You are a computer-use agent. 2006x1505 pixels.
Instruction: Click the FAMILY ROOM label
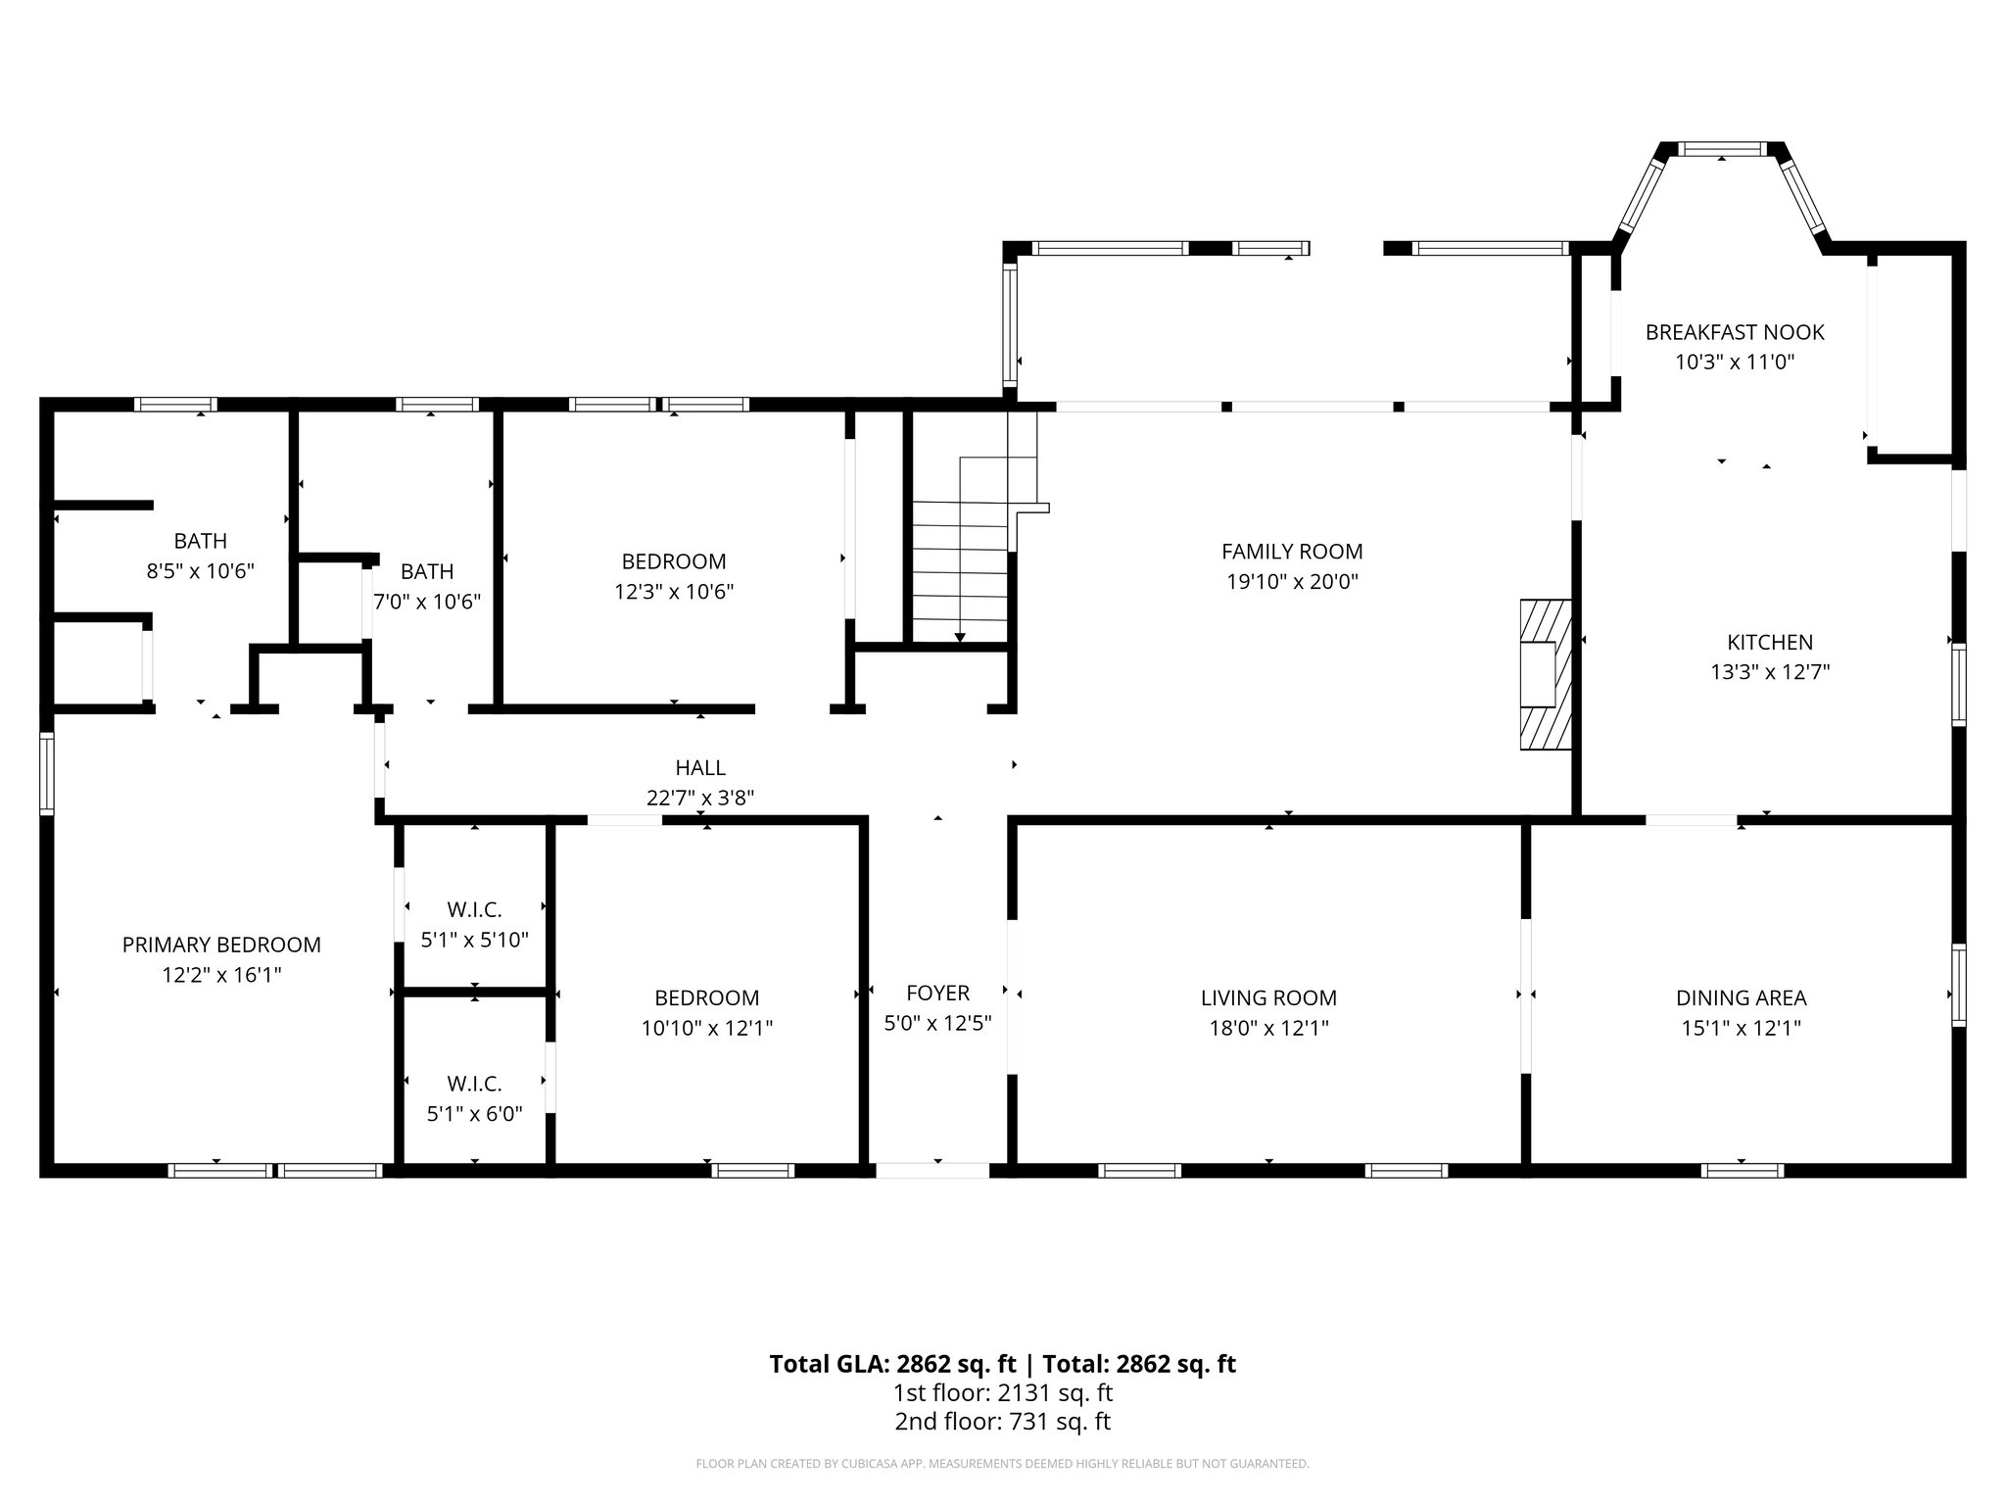[x=1292, y=552]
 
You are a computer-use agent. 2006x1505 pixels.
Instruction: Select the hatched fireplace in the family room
[x=1546, y=674]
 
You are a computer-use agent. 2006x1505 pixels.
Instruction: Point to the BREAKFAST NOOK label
[x=1734, y=332]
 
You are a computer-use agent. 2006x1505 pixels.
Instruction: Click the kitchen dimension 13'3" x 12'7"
[x=1770, y=672]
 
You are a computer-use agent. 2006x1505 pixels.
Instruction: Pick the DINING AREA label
[x=1741, y=997]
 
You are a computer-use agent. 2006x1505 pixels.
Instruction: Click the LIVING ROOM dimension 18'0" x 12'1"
[x=1268, y=1028]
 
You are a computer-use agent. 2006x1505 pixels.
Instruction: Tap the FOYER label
[x=937, y=993]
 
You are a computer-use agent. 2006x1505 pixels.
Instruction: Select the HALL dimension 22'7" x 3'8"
[x=699, y=799]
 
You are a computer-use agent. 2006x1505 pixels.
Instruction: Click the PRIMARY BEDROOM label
[x=221, y=945]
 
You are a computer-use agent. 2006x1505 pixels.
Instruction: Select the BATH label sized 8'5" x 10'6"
[x=200, y=541]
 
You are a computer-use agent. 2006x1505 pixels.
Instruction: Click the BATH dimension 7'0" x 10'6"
[x=427, y=602]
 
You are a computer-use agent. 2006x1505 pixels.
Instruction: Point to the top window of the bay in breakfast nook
[x=1723, y=150]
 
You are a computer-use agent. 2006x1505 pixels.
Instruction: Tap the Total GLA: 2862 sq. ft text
[x=894, y=1364]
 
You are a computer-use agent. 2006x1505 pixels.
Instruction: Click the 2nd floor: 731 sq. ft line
[x=1002, y=1422]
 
